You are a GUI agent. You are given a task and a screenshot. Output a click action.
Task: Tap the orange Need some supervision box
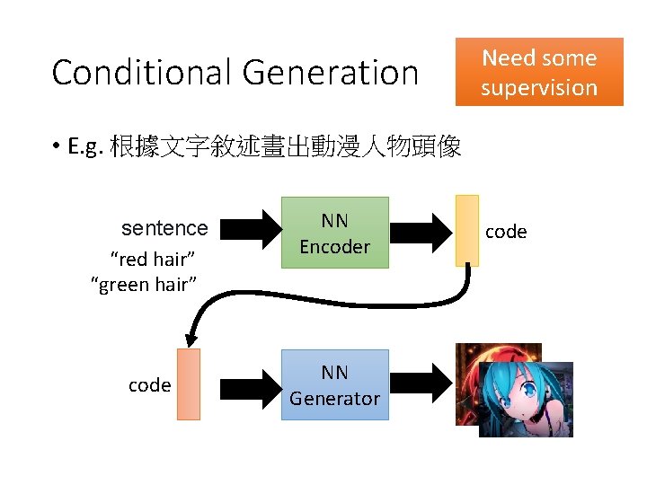click(539, 72)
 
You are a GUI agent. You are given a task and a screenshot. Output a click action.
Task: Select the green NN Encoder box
click(334, 233)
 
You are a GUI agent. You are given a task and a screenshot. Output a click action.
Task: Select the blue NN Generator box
click(334, 384)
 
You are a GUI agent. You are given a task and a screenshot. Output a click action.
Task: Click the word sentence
click(164, 228)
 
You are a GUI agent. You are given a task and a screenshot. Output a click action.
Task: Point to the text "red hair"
click(153, 260)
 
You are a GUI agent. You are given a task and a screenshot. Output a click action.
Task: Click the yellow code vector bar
click(467, 231)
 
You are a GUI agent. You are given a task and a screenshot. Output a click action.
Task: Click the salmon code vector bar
click(189, 384)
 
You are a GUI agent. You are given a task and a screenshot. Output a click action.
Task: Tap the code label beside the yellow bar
click(506, 232)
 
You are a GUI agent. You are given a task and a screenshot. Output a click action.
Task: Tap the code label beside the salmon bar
click(149, 385)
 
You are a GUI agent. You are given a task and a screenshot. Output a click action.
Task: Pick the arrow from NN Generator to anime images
click(421, 384)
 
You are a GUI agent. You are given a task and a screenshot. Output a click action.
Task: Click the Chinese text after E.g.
click(285, 146)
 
